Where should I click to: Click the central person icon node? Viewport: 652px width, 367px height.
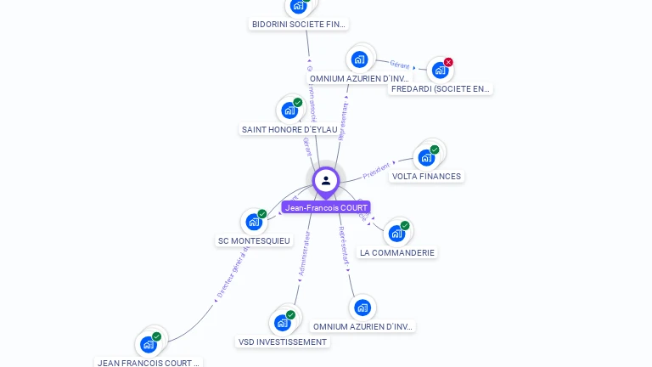[326, 180]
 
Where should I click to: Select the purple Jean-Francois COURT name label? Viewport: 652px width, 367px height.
[326, 207]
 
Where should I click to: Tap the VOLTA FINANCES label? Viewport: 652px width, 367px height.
[426, 177]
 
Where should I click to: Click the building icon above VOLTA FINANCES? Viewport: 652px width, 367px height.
[426, 157]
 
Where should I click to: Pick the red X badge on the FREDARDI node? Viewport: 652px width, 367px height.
[448, 62]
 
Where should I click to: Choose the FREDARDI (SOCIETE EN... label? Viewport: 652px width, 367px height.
[441, 88]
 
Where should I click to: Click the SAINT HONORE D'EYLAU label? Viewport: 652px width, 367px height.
[289, 130]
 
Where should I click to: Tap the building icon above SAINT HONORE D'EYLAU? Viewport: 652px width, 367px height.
[289, 110]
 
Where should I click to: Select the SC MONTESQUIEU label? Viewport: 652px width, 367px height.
[254, 241]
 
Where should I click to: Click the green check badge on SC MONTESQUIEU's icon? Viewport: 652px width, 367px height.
[262, 214]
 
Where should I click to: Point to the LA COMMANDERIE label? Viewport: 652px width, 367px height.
[397, 253]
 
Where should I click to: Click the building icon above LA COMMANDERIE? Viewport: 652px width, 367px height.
[396, 233]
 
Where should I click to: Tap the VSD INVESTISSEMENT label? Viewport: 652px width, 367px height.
[282, 342]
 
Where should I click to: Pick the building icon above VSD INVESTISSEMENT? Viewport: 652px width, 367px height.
[282, 323]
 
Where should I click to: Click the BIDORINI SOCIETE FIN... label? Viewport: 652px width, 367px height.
[299, 25]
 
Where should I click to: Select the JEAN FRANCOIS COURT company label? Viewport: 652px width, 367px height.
[149, 363]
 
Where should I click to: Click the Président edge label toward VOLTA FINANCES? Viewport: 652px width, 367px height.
[376, 171]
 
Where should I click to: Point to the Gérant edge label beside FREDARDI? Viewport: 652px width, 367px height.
[400, 65]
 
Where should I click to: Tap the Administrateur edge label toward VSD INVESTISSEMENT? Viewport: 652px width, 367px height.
[303, 254]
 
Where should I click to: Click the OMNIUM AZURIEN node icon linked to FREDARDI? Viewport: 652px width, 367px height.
[360, 59]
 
